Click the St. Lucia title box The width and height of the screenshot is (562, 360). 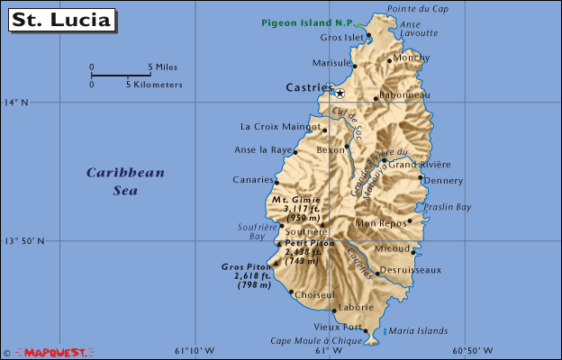[x=62, y=19]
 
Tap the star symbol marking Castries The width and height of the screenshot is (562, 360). [x=340, y=93]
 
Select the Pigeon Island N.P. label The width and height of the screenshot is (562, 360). [x=307, y=22]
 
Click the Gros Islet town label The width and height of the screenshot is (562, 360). [x=341, y=38]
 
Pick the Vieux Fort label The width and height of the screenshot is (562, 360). [x=338, y=326]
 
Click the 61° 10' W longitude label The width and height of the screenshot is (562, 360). [x=194, y=350]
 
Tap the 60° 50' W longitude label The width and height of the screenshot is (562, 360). [x=472, y=350]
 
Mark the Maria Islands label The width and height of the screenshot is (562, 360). [x=418, y=330]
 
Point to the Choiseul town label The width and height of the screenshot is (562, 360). [x=314, y=294]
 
